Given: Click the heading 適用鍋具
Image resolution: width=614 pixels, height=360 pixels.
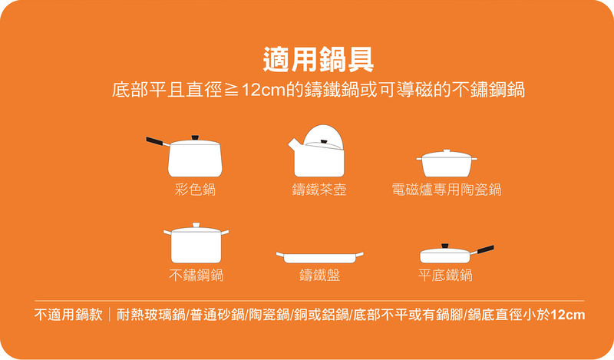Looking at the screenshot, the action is [x=318, y=60].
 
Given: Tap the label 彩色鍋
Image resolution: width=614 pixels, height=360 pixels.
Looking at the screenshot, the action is [x=195, y=190].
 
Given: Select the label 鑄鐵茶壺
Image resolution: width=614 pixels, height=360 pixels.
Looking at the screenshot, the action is [x=319, y=190].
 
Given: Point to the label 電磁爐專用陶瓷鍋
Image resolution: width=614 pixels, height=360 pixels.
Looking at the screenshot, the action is [x=447, y=190].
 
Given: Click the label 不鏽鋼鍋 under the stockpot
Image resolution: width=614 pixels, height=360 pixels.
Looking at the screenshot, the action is [x=196, y=276].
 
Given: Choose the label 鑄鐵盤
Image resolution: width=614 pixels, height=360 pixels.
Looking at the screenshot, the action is [x=319, y=276].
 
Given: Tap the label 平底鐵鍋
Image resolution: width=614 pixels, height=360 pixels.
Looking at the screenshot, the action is [x=445, y=276].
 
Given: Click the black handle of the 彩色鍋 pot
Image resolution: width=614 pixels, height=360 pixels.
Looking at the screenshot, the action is [x=154, y=141].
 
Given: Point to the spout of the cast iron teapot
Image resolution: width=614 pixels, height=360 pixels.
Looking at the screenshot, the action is [x=293, y=145].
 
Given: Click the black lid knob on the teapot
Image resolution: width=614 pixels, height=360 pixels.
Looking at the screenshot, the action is [x=324, y=142].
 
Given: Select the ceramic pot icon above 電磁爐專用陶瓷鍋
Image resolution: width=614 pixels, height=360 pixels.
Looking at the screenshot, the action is [x=447, y=163].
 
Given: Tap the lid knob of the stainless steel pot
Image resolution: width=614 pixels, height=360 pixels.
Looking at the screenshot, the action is [x=196, y=225].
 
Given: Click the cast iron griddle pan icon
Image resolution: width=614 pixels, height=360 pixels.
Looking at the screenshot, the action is [x=319, y=257].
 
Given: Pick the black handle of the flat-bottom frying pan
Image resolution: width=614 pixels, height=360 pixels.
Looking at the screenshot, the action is [x=486, y=249].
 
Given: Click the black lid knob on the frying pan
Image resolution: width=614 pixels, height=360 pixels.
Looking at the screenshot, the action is [x=445, y=246].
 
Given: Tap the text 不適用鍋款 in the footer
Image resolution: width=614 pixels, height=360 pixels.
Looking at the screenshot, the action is [x=68, y=315].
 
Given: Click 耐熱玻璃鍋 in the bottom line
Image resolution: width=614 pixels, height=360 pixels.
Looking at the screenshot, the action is [x=150, y=315].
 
